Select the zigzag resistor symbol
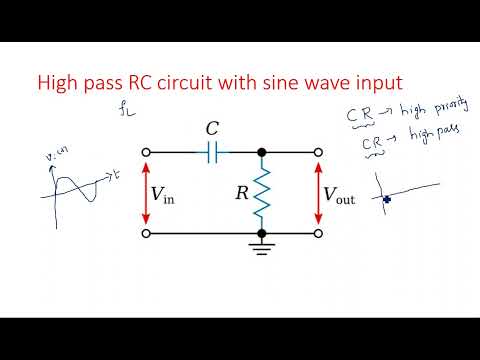(262, 192)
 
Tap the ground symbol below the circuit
(262, 247)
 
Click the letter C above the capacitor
(212, 128)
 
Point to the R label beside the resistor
(241, 193)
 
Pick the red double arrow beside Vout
(319, 192)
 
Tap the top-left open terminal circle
(148, 151)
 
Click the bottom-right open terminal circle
(319, 233)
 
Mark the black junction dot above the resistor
(262, 151)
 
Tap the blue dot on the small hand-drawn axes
(385, 199)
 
